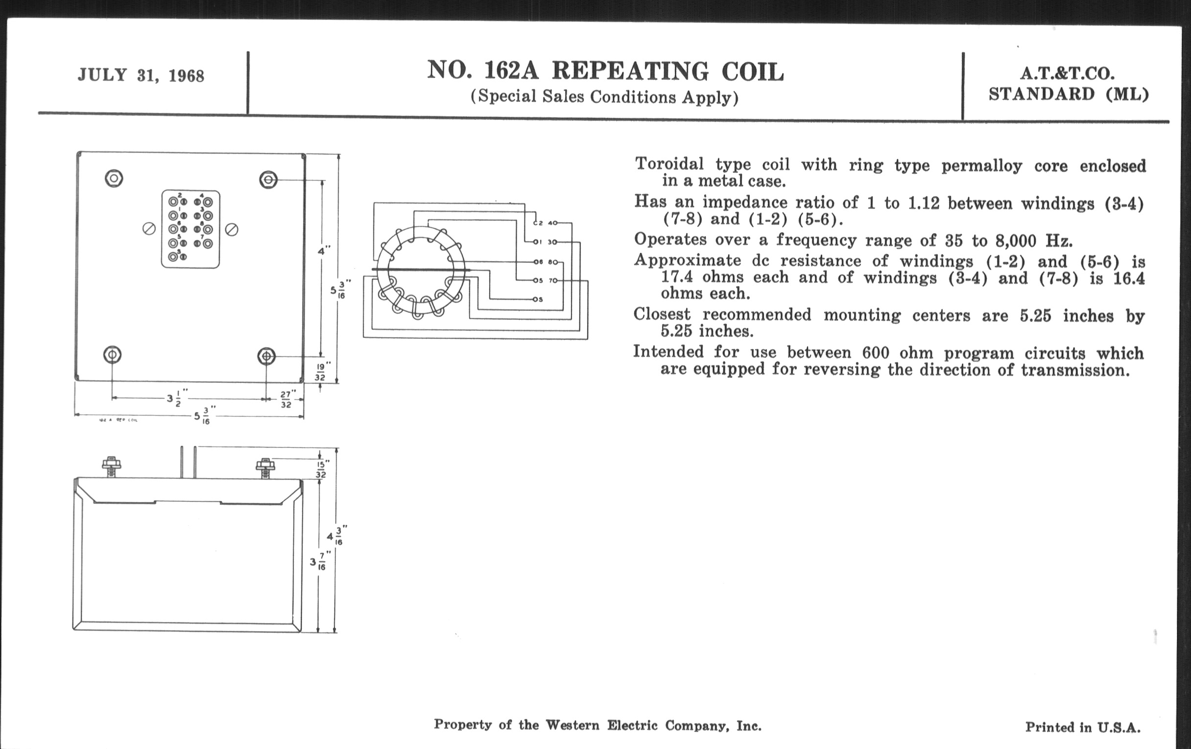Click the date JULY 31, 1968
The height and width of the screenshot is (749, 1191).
coord(141,75)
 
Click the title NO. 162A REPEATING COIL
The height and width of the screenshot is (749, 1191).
coord(605,71)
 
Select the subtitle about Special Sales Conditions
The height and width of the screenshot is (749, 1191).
coord(604,96)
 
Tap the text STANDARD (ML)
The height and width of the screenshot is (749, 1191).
coord(1068,94)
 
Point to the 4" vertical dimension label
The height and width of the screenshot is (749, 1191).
coord(324,251)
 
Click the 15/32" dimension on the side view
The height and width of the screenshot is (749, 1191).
coord(321,469)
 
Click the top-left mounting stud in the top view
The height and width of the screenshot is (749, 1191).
coord(114,178)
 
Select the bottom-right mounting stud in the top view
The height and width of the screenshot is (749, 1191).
coord(266,355)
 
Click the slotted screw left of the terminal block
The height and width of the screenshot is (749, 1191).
coord(149,229)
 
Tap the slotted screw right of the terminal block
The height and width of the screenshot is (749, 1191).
coord(232,230)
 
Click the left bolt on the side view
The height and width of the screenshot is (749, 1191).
coord(111,466)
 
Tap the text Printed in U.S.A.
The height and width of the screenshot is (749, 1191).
coord(1083,727)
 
